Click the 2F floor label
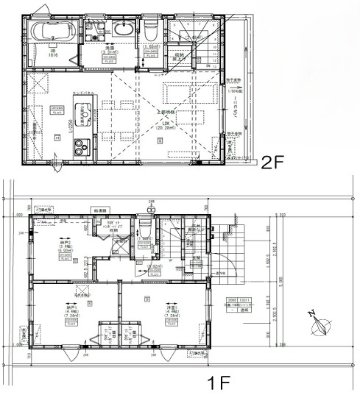[x=274, y=161]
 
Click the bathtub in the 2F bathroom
[x=50, y=32]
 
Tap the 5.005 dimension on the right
[x=280, y=280]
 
